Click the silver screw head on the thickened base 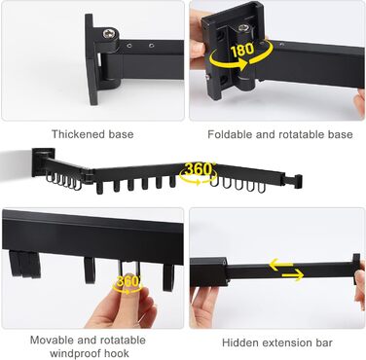[x=108, y=33]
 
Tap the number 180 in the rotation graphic [x=242, y=50]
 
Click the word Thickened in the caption [x=78, y=134]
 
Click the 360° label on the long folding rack [x=199, y=169]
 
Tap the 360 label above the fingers [x=128, y=281]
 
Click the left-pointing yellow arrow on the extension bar [x=280, y=265]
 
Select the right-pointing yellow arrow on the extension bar [x=292, y=275]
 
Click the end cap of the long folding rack [x=298, y=182]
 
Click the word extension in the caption [x=288, y=342]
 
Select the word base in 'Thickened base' [x=121, y=134]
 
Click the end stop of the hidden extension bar [x=356, y=270]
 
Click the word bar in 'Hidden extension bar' [x=325, y=342]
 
